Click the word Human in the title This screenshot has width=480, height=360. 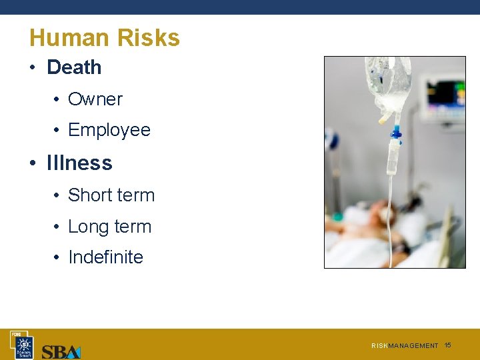pyautogui.click(x=64, y=38)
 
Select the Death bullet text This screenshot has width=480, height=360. pyautogui.click(x=74, y=67)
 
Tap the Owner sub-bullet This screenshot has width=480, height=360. pyautogui.click(x=95, y=99)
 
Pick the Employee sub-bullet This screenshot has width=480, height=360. pyautogui.click(x=109, y=130)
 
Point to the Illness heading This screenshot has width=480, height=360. pyautogui.click(x=79, y=163)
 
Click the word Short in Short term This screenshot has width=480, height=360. pyautogui.click(x=90, y=195)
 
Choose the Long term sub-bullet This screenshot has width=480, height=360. pyautogui.click(x=109, y=227)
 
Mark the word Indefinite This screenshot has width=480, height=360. pyautogui.click(x=105, y=257)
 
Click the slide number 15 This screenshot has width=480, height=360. pyautogui.click(x=448, y=345)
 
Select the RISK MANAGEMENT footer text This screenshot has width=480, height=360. pyautogui.click(x=405, y=346)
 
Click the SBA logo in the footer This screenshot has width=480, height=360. pyautogui.click(x=61, y=351)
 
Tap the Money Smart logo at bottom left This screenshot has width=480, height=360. pyautogui.click(x=24, y=345)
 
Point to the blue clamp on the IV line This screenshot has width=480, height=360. pyautogui.click(x=395, y=133)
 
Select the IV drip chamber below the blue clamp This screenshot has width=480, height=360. pyautogui.click(x=394, y=157)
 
